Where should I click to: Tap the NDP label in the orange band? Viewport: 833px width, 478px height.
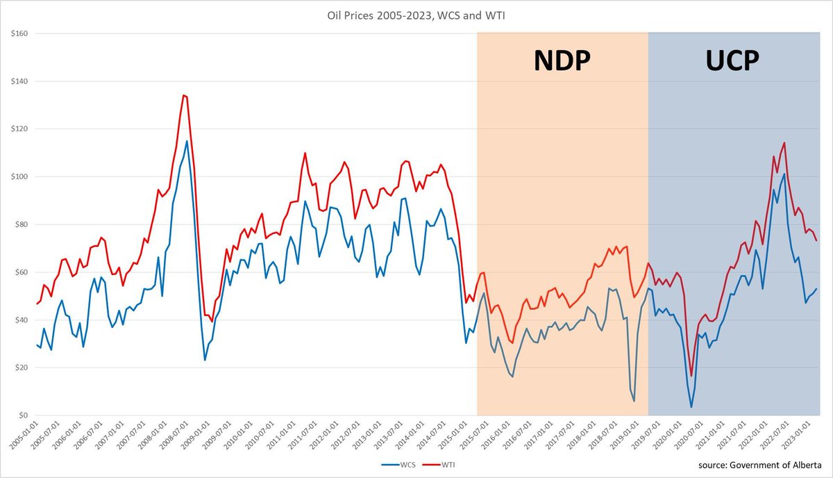coord(562,61)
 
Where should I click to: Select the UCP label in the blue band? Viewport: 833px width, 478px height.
coord(733,61)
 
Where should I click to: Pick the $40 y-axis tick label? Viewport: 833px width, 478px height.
coord(18,320)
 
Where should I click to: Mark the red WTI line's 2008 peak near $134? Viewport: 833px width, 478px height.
coord(183,95)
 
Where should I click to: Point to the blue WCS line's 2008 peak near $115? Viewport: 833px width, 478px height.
coord(187,141)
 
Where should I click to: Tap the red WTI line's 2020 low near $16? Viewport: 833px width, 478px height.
coord(691,376)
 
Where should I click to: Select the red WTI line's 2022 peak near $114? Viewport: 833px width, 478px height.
coord(784,143)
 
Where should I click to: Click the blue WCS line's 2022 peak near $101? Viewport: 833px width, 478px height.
coord(784,174)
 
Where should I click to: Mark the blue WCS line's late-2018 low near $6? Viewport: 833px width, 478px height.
coord(634,401)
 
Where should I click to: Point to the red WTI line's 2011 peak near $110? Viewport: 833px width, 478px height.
coord(305,153)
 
